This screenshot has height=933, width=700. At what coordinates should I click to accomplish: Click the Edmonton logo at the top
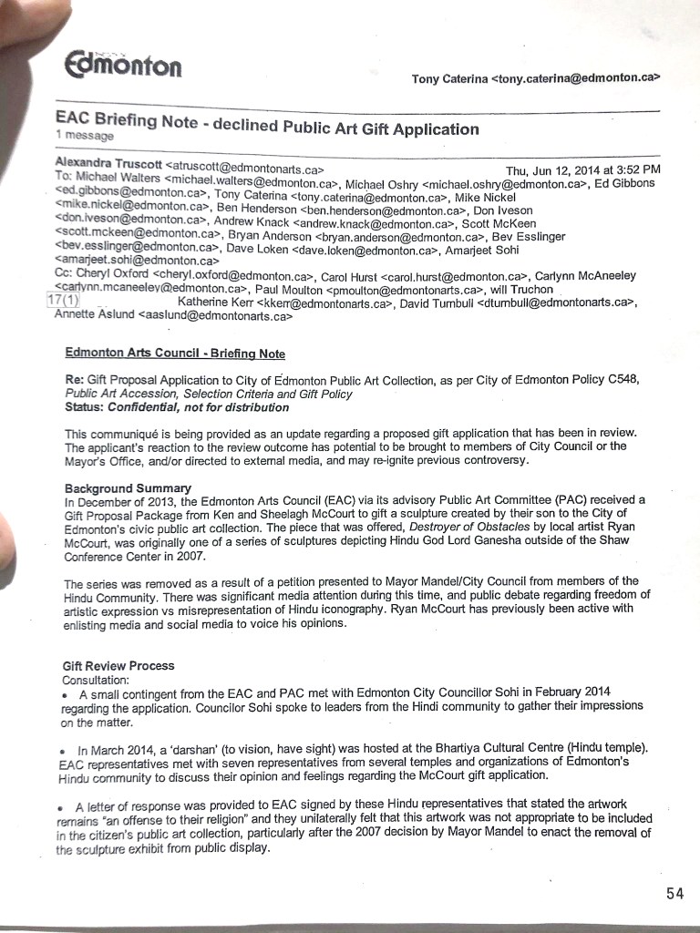pos(123,63)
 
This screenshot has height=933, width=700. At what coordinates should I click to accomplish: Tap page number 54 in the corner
pos(674,893)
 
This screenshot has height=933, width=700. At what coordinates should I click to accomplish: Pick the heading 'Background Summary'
pos(128,487)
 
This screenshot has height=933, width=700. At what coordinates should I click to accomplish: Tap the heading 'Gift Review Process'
pos(118,666)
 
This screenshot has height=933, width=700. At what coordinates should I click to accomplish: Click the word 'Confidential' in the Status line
pos(136,407)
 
